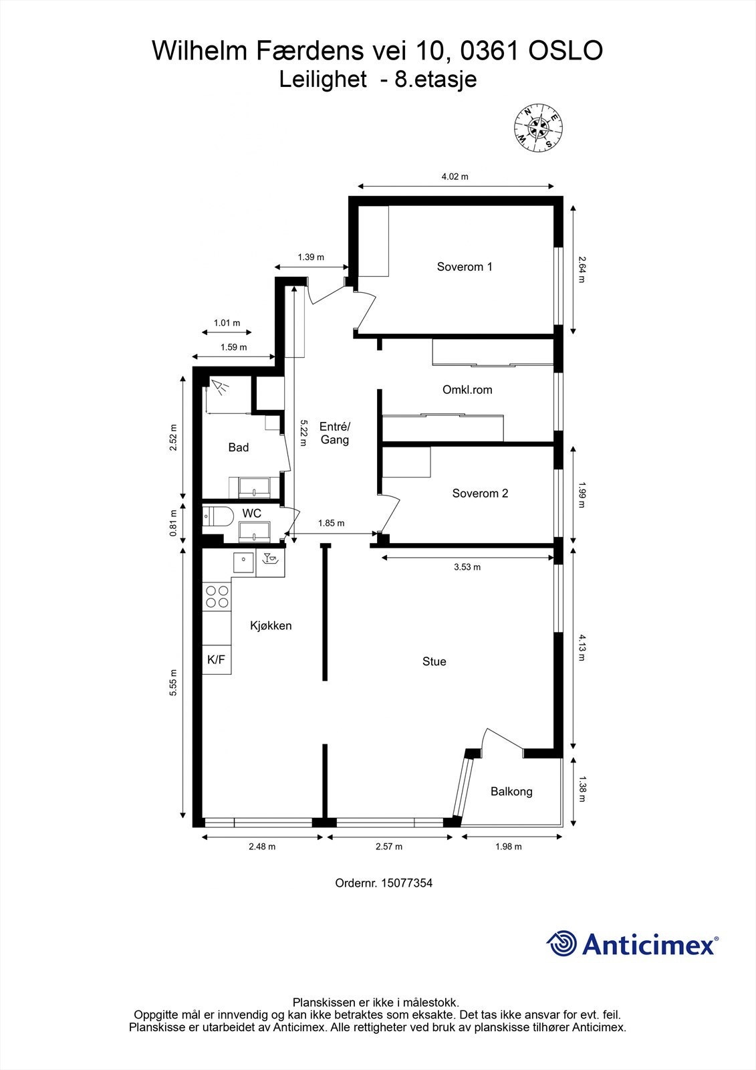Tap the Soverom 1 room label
tap(465, 267)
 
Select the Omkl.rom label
tap(467, 389)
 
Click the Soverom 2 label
tap(480, 494)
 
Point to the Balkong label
tap(511, 792)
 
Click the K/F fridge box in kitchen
tap(216, 660)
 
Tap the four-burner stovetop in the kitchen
tap(217, 597)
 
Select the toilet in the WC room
tap(217, 516)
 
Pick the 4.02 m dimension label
tap(455, 177)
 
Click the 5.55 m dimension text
tap(173, 683)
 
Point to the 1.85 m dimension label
tap(331, 523)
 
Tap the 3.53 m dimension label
tap(467, 567)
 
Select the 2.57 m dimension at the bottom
tap(389, 847)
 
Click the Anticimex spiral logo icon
tap(561, 944)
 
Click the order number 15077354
tap(406, 883)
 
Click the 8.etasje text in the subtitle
tap(435, 80)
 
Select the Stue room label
tap(434, 661)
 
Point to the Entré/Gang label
tap(335, 433)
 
